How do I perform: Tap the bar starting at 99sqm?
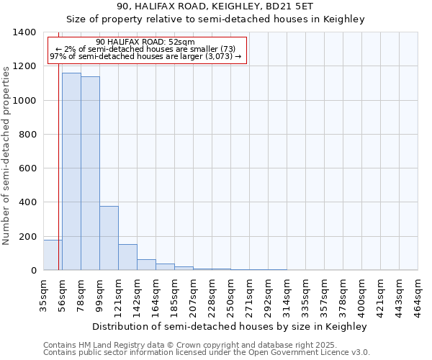click(x=109, y=238)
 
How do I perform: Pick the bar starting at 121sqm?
click(x=127, y=257)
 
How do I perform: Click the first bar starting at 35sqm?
click(x=53, y=255)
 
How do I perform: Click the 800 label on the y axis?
click(x=27, y=135)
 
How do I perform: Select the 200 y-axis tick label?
click(x=27, y=237)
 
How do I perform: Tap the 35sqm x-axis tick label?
click(x=44, y=294)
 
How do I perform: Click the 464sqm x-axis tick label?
click(x=418, y=294)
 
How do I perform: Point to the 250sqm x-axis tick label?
click(x=231, y=294)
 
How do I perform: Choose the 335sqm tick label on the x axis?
click(x=306, y=294)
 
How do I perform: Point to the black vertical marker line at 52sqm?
click(x=58, y=180)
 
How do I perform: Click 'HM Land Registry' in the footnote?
click(x=109, y=345)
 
